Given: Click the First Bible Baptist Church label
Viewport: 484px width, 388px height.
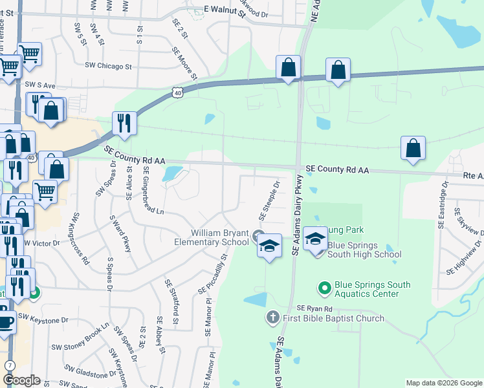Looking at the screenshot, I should pyautogui.click(x=333, y=318).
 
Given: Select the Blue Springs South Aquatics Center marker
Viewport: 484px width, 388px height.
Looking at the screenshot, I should pyautogui.click(x=324, y=286).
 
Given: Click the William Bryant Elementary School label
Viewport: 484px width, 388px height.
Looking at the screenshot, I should pyautogui.click(x=211, y=237).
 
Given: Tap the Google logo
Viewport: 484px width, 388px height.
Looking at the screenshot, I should pyautogui.click(x=21, y=380).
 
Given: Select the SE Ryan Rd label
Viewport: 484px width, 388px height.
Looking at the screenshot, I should pyautogui.click(x=314, y=309).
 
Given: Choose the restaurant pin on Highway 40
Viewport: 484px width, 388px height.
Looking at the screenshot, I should pyautogui.click(x=124, y=123).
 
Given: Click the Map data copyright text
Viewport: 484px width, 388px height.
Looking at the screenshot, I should pyautogui.click(x=443, y=383).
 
